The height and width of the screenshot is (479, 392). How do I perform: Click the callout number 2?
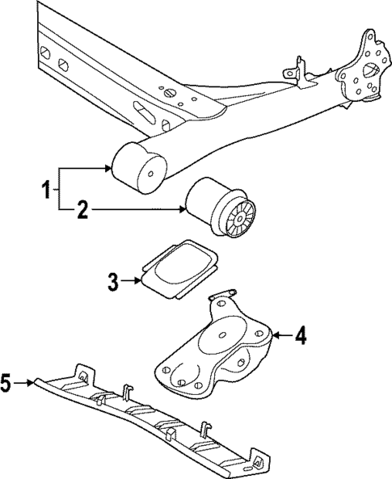(82, 212)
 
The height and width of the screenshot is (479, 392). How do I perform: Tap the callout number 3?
(113, 281)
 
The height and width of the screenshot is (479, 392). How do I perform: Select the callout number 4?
(300, 334)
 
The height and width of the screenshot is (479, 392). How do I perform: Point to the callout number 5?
(6, 382)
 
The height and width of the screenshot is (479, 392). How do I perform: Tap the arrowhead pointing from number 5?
(32, 382)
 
